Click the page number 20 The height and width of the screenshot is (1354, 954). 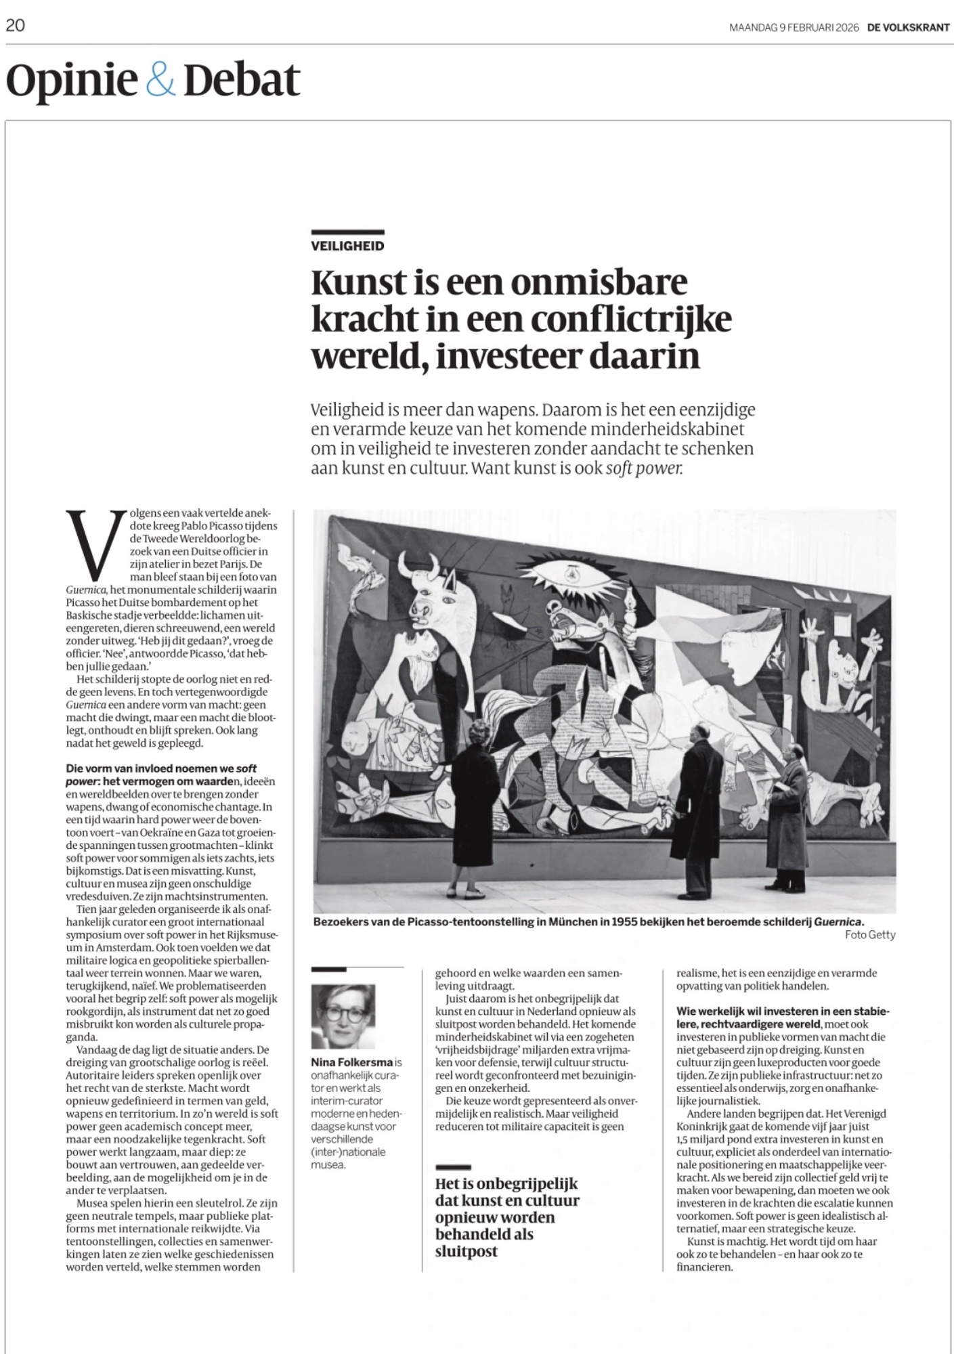pyautogui.click(x=16, y=26)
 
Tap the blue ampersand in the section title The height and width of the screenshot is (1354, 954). pyautogui.click(x=160, y=81)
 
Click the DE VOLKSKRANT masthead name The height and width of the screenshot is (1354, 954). pyautogui.click(x=909, y=28)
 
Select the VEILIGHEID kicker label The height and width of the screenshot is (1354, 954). pyautogui.click(x=347, y=246)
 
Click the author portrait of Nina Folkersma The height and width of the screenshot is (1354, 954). pyautogui.click(x=343, y=1016)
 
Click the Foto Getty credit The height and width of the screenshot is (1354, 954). pyautogui.click(x=870, y=935)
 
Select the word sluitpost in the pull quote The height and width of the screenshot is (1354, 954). pyautogui.click(x=467, y=1250)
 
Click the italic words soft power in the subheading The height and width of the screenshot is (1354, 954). pyautogui.click(x=643, y=468)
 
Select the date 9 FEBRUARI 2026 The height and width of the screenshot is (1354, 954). pyautogui.click(x=815, y=28)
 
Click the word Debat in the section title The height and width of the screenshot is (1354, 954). pyautogui.click(x=242, y=81)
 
